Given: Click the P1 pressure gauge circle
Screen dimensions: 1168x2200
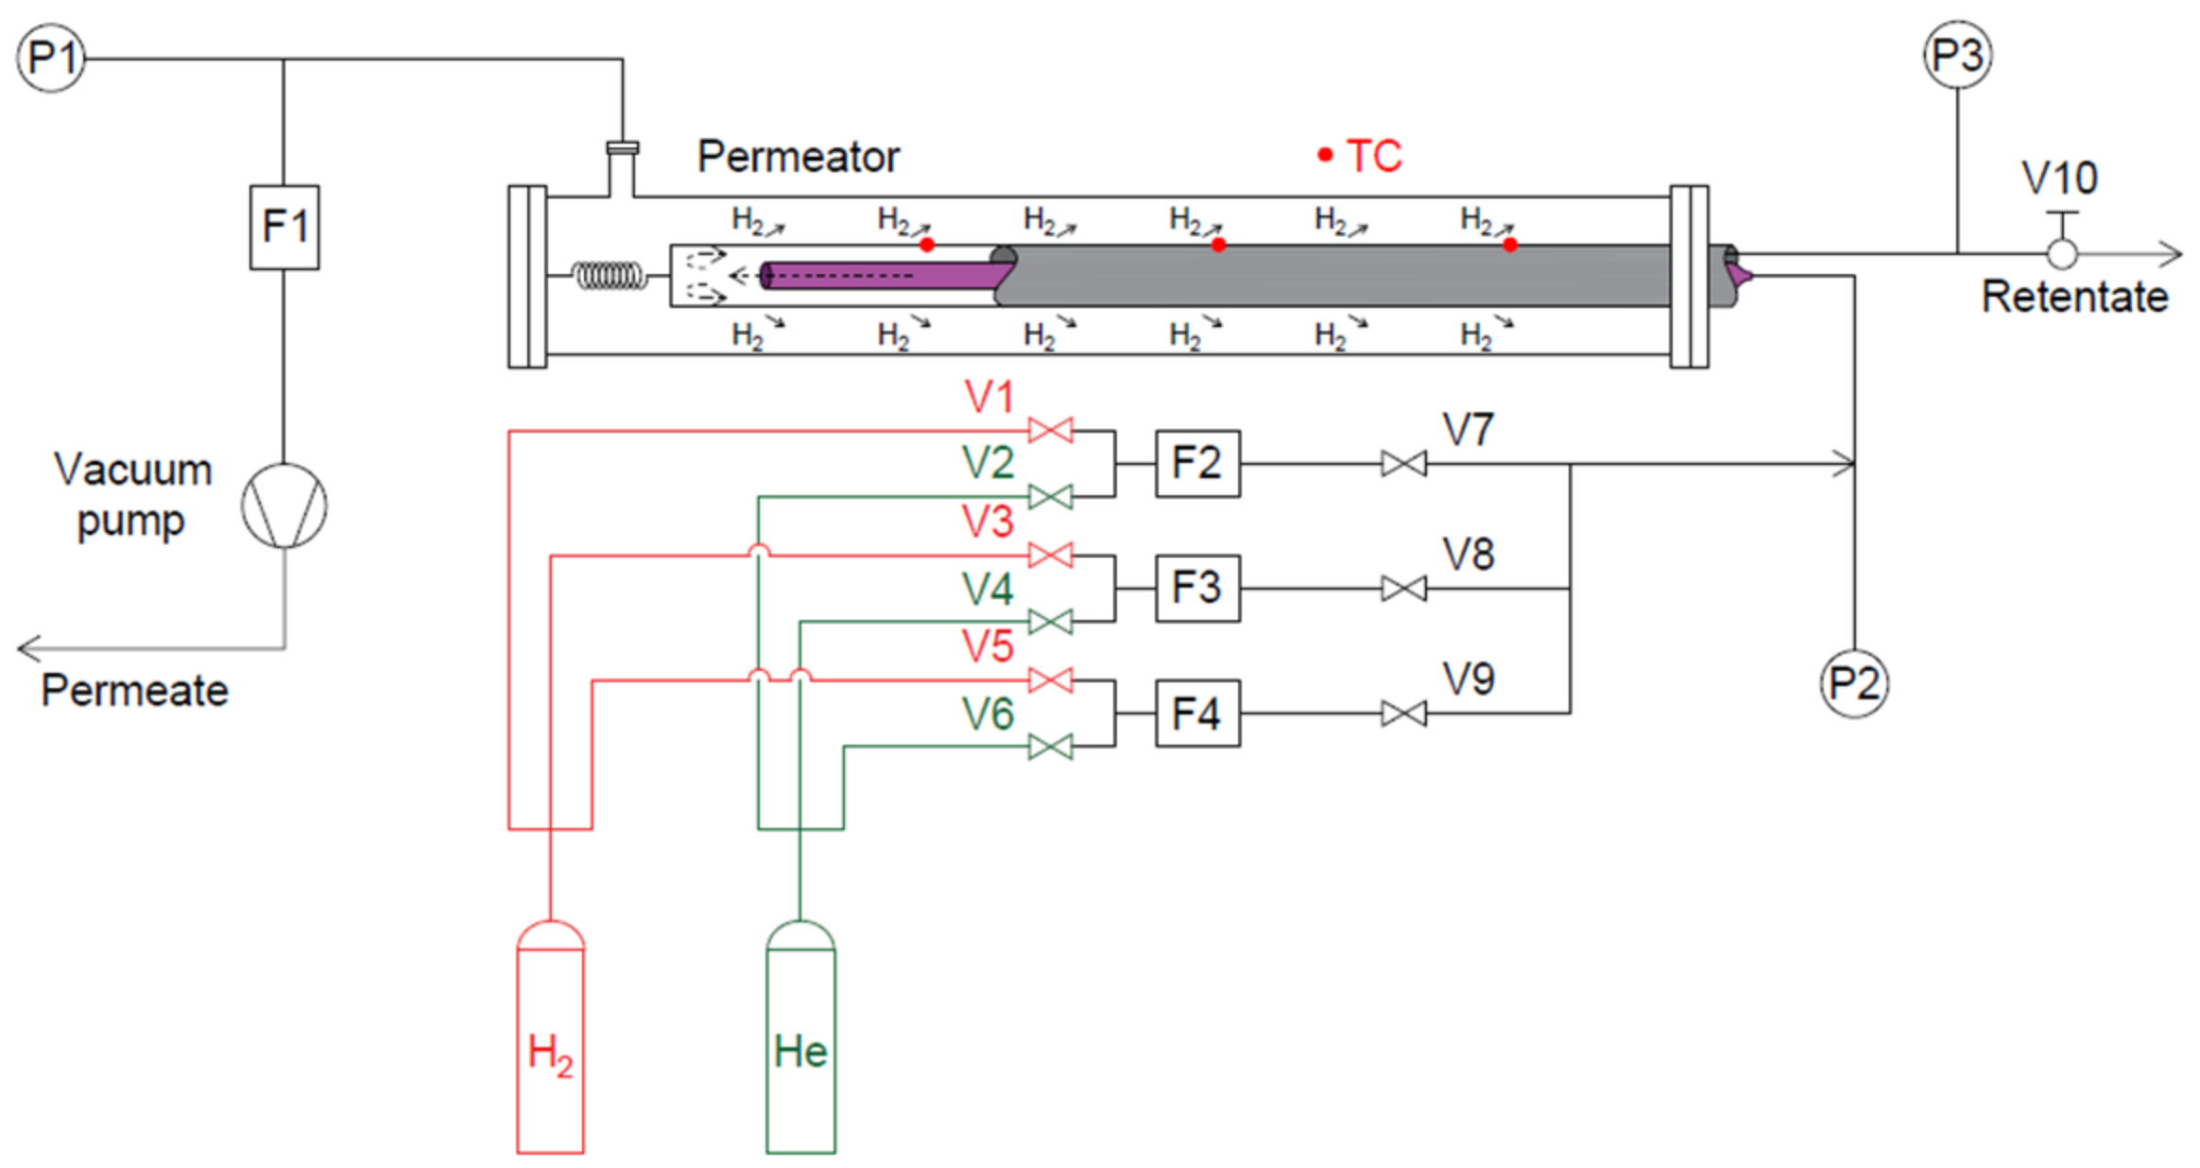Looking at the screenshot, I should click(51, 59).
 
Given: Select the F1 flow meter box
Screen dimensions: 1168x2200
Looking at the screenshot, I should click(284, 227).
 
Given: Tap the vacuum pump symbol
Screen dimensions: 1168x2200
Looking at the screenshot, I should click(284, 505).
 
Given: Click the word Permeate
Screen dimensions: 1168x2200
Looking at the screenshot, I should click(134, 691).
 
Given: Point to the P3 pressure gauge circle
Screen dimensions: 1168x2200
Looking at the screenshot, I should click(1957, 55).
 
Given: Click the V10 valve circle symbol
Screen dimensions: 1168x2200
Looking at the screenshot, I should click(2061, 253).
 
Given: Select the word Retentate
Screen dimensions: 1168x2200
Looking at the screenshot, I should click(2074, 297).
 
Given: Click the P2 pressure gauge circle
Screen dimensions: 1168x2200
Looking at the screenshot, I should click(1854, 683).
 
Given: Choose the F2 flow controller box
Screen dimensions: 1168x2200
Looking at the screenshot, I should click(1197, 464).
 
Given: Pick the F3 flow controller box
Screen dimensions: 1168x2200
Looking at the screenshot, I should click(1197, 588).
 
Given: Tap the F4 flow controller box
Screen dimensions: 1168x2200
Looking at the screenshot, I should click(1197, 713).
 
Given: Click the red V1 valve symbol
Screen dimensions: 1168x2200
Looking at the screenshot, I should click(1050, 431).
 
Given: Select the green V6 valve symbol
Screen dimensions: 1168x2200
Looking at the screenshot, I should click(1050, 747).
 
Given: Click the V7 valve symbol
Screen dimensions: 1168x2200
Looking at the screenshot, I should click(1403, 464).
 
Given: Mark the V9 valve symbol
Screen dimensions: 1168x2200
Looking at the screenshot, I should click(1403, 713).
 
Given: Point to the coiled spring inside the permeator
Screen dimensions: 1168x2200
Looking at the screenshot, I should click(610, 276).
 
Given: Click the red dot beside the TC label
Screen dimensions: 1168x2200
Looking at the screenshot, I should click(1325, 155).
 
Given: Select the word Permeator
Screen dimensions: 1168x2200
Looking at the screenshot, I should click(799, 157).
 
